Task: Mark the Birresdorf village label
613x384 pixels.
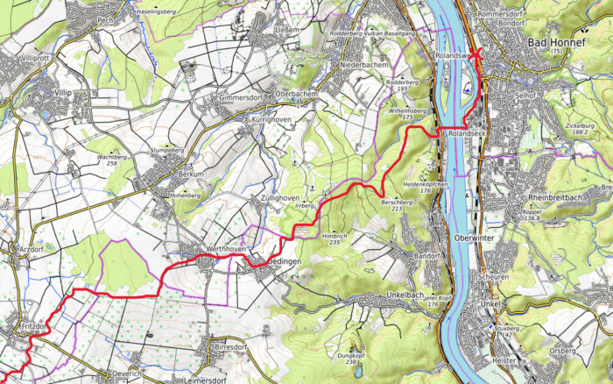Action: (230, 347)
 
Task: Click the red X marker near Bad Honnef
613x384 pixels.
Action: (477, 53)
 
